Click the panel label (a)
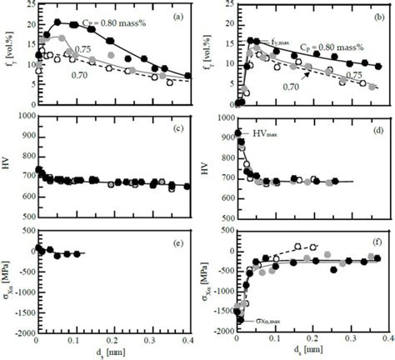coord(178,16)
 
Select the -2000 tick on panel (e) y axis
coord(22,331)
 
